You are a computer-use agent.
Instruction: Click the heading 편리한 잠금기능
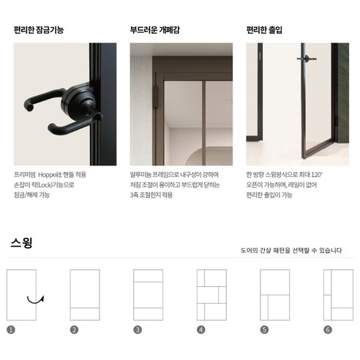point(39,31)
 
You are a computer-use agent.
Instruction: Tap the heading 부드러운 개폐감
point(155,31)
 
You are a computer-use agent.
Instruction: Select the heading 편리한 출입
point(264,31)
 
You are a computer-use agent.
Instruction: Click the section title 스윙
point(21,241)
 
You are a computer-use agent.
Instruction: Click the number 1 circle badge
point(10,329)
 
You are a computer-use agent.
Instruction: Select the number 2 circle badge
point(74,329)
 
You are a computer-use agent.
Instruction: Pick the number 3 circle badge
point(138,329)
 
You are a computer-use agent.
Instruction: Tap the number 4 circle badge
point(200,329)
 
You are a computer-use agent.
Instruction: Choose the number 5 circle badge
point(264,329)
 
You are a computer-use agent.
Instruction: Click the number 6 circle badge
point(327,329)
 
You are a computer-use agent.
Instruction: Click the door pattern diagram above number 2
point(84,295)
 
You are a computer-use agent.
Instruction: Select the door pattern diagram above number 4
point(211,295)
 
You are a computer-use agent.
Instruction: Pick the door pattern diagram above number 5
point(275,295)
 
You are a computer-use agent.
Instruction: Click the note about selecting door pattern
point(290,250)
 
